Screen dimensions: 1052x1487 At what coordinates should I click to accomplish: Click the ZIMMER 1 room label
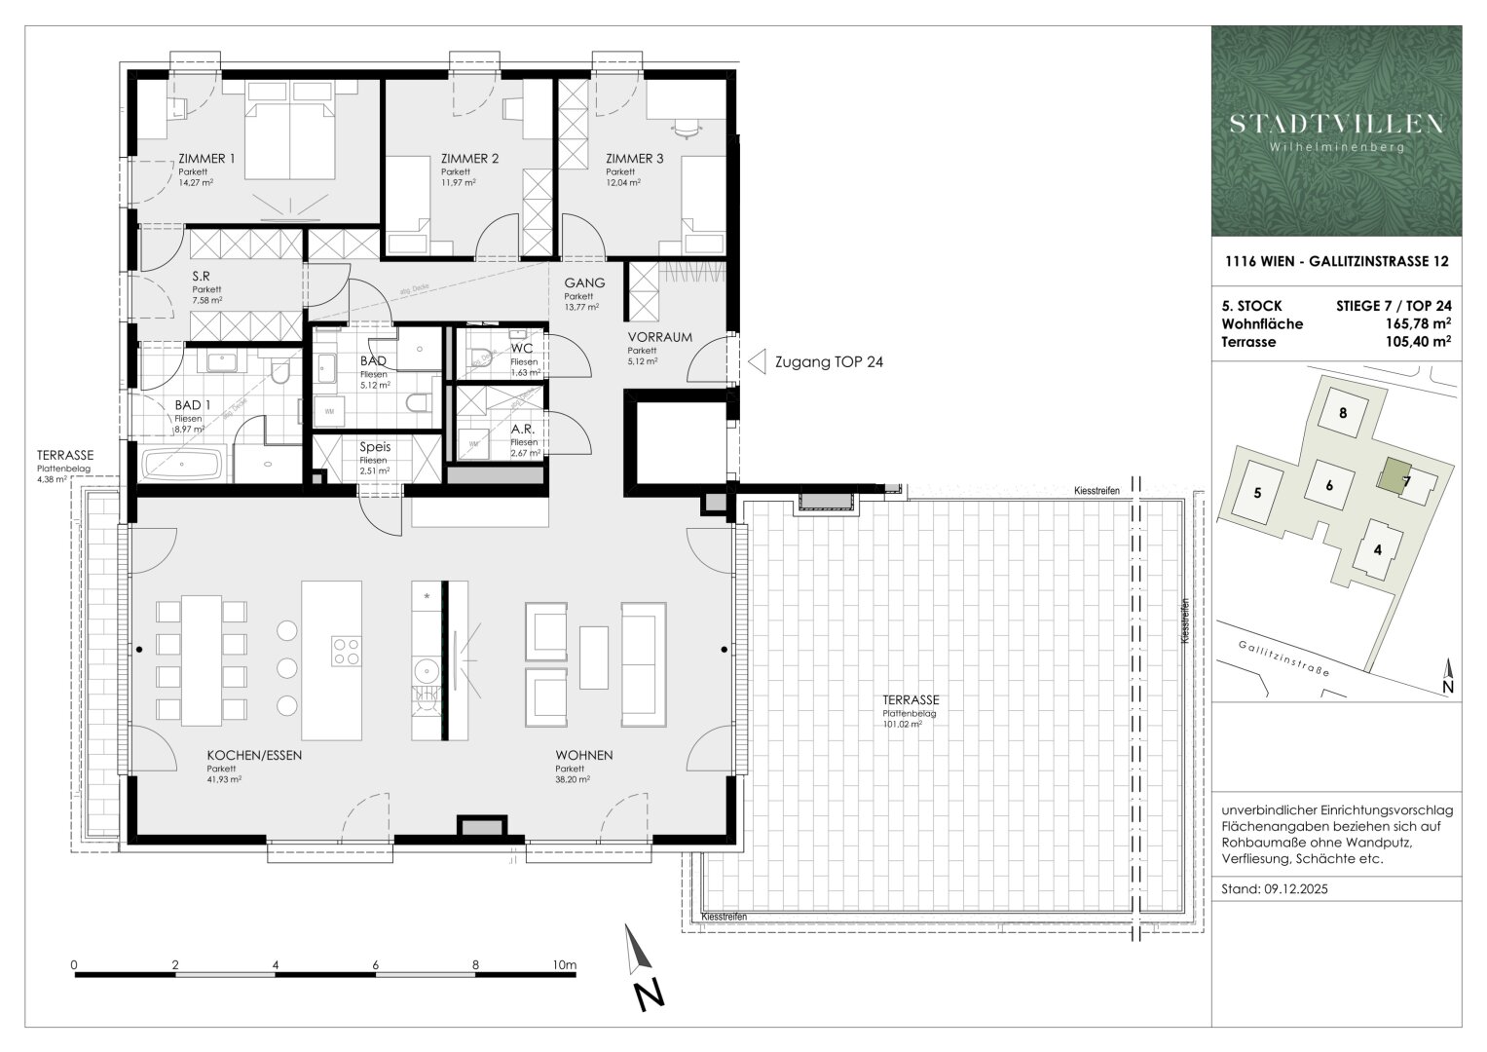point(206,159)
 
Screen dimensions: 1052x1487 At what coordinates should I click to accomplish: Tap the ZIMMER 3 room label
point(634,159)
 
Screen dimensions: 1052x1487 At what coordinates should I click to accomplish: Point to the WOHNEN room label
point(584,756)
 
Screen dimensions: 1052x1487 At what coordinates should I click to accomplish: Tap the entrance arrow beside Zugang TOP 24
point(756,362)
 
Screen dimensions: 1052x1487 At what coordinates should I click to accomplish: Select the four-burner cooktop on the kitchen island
point(345,650)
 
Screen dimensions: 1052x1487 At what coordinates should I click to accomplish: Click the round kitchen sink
point(426,671)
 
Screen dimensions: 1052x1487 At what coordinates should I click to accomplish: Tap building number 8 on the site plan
point(1343,412)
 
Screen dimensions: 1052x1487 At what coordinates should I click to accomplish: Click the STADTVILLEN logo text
point(1336,124)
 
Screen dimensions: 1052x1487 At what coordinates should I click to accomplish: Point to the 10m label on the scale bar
point(563,965)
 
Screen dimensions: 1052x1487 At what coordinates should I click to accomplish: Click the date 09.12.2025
point(1296,889)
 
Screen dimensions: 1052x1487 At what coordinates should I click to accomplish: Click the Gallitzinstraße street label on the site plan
point(1284,659)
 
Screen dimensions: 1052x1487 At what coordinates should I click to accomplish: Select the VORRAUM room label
point(659,337)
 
